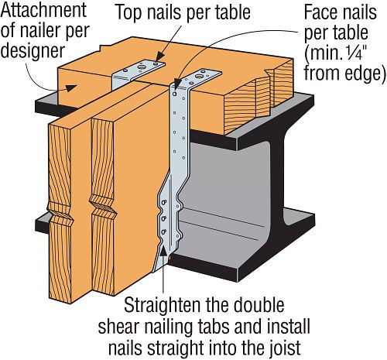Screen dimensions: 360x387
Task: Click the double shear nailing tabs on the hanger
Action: [166, 221]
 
